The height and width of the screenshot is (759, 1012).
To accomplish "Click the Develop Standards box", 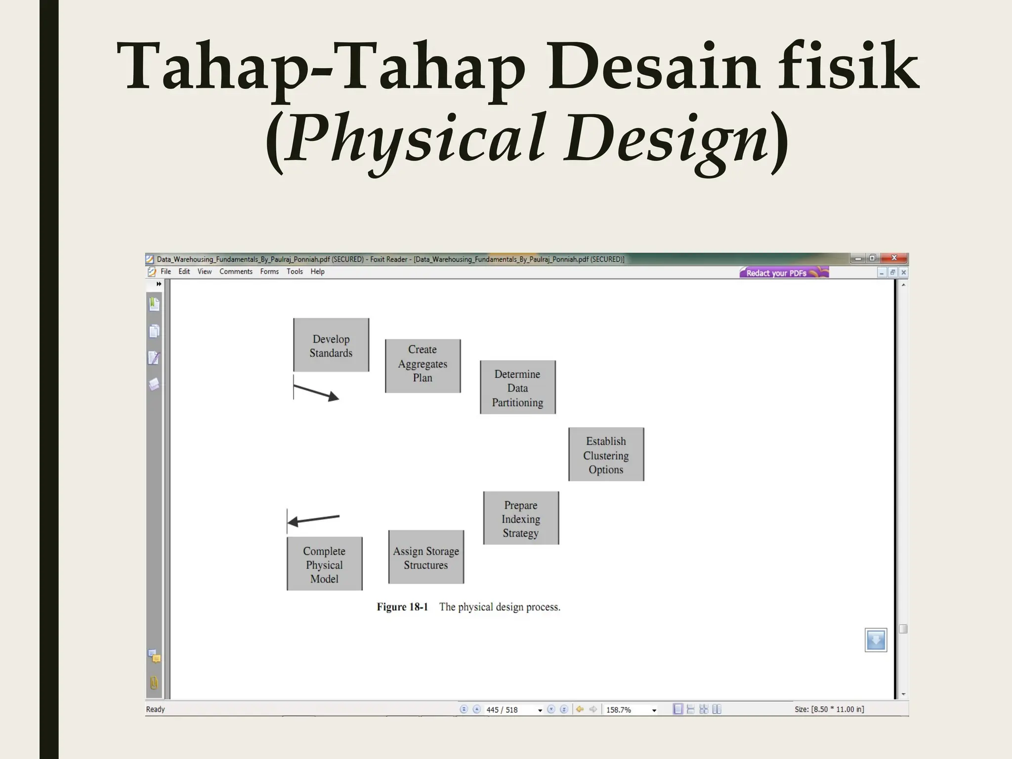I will pyautogui.click(x=331, y=345).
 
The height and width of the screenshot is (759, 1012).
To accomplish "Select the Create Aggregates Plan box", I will pyautogui.click(x=423, y=366).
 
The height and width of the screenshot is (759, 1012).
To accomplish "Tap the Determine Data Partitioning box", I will pyautogui.click(x=518, y=387).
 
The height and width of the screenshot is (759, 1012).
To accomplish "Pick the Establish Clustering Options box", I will pyautogui.click(x=606, y=455).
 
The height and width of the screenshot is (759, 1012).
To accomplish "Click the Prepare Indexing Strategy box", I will pyautogui.click(x=521, y=518).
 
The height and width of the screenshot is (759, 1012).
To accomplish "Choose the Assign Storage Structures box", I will pyautogui.click(x=426, y=557).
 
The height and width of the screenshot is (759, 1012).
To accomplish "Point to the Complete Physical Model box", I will pyautogui.click(x=325, y=564).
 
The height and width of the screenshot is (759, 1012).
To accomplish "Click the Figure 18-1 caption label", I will pyautogui.click(x=402, y=607).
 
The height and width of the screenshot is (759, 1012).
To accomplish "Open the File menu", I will pyautogui.click(x=166, y=272).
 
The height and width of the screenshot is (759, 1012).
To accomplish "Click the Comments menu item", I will pyautogui.click(x=236, y=272).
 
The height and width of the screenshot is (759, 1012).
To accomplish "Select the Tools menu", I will pyautogui.click(x=295, y=272).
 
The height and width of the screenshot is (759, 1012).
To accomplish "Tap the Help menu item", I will pyautogui.click(x=317, y=272).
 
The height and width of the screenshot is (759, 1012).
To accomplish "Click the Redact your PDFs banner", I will pyautogui.click(x=783, y=273).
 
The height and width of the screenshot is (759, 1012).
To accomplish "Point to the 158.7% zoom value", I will pyautogui.click(x=619, y=710).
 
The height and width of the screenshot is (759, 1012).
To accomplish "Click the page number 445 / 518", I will pyautogui.click(x=502, y=710).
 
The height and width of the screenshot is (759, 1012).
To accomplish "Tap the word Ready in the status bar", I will pyautogui.click(x=155, y=710).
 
